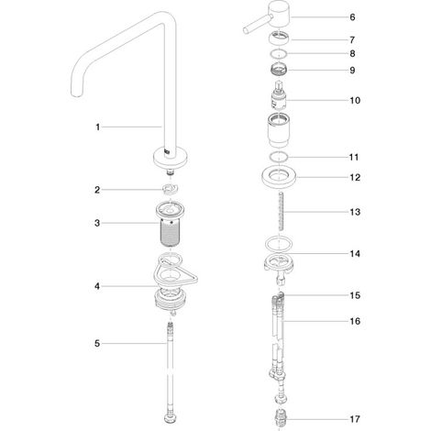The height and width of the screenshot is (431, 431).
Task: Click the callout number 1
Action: tap(98, 127)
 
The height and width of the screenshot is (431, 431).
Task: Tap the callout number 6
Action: tap(352, 17)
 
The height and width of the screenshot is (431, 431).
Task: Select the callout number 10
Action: tap(355, 100)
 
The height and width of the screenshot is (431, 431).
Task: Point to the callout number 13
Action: tap(355, 212)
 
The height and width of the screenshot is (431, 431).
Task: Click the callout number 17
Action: tap(355, 419)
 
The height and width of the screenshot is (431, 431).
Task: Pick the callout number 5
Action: tap(97, 344)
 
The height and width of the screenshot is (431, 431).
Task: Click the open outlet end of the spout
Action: tap(76, 94)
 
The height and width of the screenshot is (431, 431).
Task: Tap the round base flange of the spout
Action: tap(171, 158)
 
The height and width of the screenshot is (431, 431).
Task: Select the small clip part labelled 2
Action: tap(170, 189)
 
